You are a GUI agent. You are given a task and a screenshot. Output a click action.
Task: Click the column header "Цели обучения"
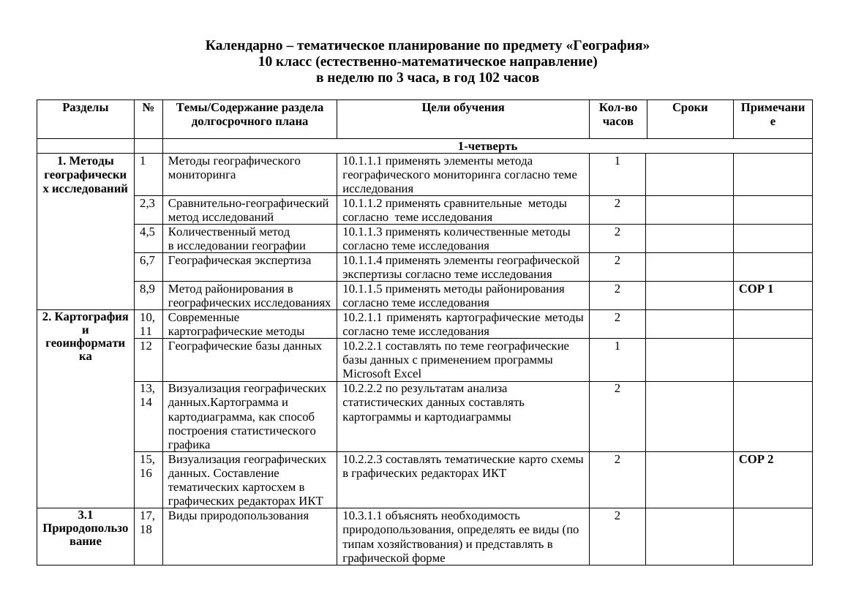coord(462,108)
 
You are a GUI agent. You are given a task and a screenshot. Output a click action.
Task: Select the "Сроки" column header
coord(689,108)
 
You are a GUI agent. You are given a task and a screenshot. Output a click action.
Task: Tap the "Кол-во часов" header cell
coord(617,115)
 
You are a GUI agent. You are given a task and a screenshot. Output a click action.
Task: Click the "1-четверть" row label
coord(487,146)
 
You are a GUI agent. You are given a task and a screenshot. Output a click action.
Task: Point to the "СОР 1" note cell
coord(756,289)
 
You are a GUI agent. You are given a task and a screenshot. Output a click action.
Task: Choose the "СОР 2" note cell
coord(756,459)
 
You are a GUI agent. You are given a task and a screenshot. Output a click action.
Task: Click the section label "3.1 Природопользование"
coord(85,528)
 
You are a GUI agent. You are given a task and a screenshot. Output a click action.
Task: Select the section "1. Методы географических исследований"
coord(85,175)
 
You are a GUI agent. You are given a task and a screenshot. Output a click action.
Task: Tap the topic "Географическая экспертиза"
coord(239,260)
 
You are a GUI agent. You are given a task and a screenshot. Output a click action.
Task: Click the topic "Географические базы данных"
coord(244,346)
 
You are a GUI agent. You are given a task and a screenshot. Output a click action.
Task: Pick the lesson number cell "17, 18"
coord(147,522)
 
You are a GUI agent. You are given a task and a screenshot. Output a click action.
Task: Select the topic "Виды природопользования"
coord(238,516)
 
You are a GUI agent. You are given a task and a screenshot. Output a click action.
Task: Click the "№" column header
coord(148,108)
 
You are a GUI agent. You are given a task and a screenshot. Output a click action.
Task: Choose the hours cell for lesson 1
coord(617,161)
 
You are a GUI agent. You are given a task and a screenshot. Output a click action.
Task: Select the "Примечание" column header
coord(773,115)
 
